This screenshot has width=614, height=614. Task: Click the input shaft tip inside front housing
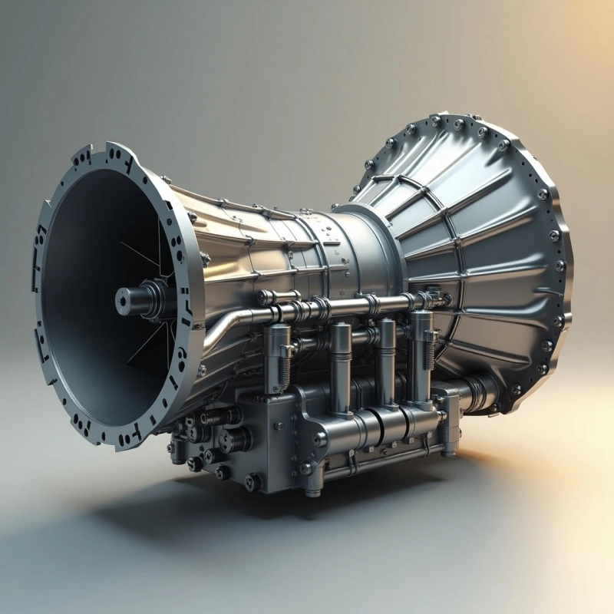pyautogui.click(x=124, y=300)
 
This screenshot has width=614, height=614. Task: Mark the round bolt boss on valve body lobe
pyautogui.click(x=319, y=438)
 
